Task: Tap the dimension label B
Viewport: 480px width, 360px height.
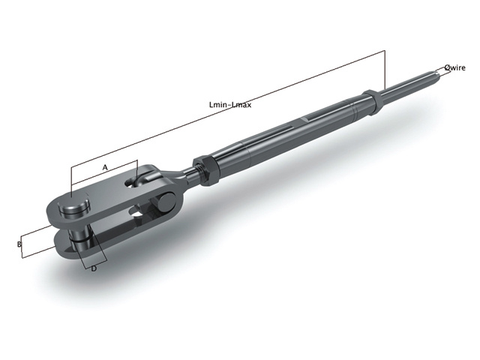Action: tap(18, 244)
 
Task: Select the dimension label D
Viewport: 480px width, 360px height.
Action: tap(94, 268)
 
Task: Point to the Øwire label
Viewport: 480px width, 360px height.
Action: tap(454, 67)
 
